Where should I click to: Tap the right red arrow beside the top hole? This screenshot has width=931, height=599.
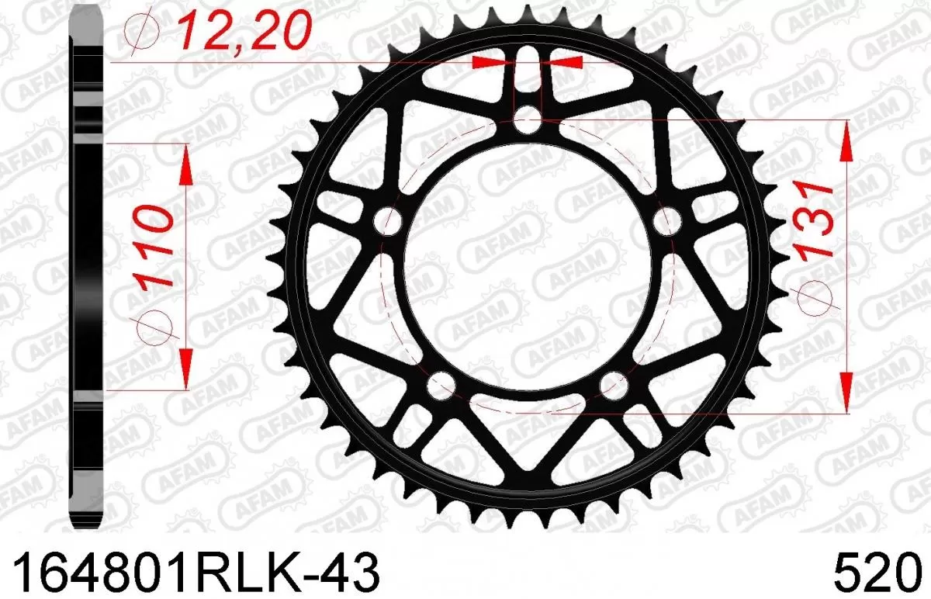566,62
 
